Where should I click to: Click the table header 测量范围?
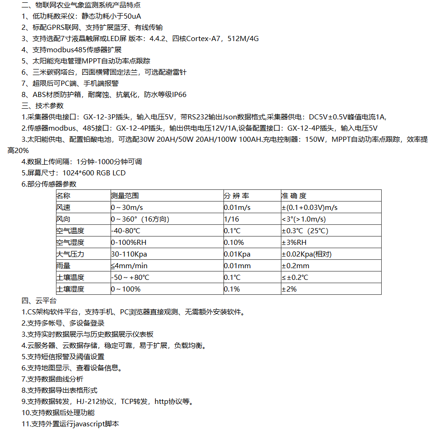125,196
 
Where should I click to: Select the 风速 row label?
63,208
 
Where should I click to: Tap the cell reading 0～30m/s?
127,208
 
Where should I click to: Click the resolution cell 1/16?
231,219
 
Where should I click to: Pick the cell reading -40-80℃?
126,231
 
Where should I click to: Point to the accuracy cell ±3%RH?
294,243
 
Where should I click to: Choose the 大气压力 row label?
70,254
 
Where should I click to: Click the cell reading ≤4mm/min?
129,266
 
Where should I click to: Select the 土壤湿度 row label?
70,289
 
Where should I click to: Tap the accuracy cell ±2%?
289,289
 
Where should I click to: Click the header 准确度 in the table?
294,196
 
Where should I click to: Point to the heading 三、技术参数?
42,106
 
